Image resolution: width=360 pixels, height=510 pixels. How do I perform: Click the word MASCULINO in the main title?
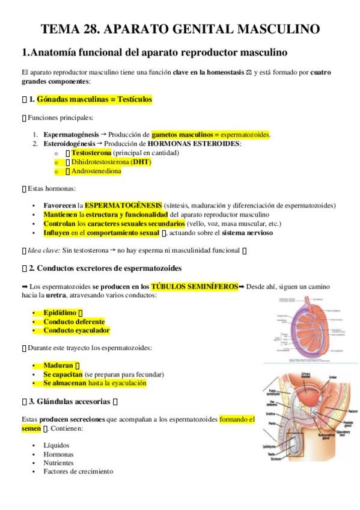(279, 29)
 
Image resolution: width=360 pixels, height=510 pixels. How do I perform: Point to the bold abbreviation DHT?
(141, 162)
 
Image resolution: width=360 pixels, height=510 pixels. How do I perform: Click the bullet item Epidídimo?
(59, 313)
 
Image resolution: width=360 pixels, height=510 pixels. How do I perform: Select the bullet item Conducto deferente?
(73, 322)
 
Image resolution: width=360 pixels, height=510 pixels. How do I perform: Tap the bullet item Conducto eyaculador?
(76, 330)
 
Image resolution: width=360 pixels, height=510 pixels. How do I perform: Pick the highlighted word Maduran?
(58, 365)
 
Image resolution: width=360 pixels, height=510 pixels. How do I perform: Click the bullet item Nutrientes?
(58, 463)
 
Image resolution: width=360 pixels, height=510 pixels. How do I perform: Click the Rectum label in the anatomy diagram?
(336, 411)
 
